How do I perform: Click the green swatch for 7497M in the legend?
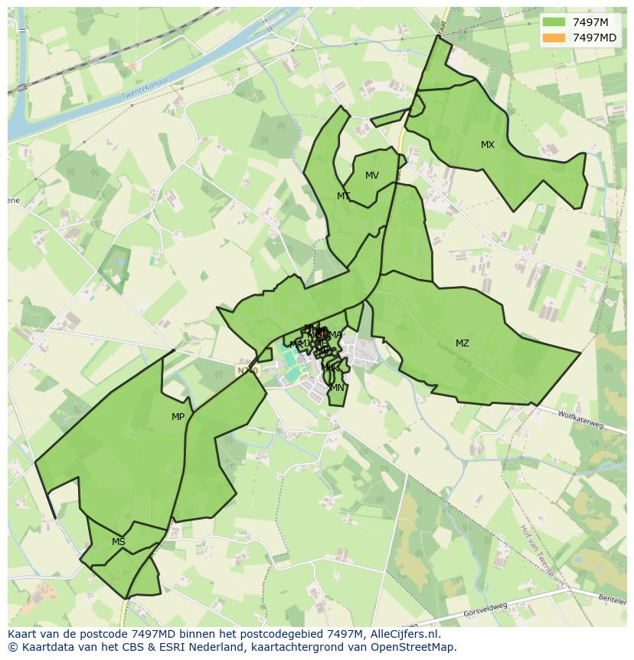tap(554, 22)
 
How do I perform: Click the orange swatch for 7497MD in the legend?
tap(554, 38)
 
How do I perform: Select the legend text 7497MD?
tap(594, 38)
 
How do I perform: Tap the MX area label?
tap(488, 145)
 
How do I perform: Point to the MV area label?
tap(372, 176)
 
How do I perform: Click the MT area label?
tap(344, 196)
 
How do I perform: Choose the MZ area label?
tap(462, 343)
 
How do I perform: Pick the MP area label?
tap(178, 417)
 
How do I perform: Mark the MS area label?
tap(119, 542)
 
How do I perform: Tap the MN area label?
tap(337, 388)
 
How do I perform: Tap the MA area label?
tap(335, 334)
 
